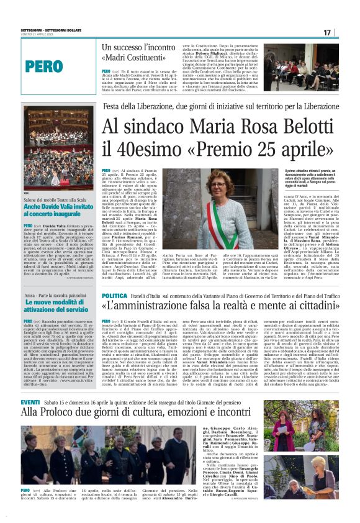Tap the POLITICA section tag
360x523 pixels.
[x=114, y=296]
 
